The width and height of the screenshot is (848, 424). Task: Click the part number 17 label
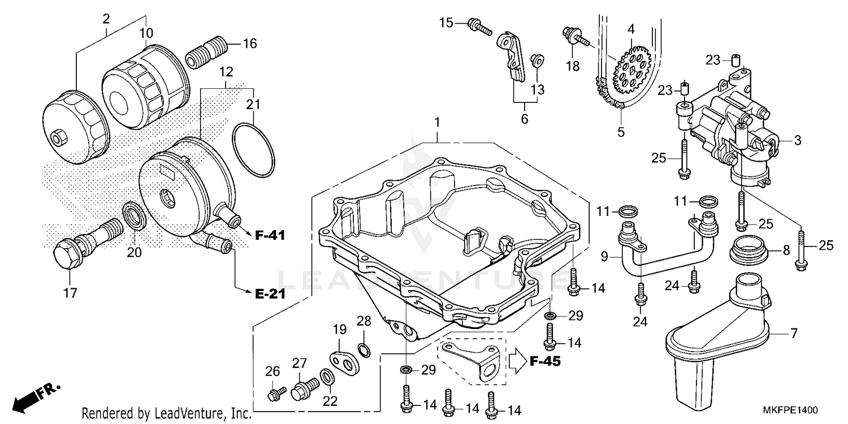coord(70,293)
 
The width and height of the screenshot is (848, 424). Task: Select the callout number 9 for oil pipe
coord(604,256)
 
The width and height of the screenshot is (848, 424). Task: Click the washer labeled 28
coord(365,351)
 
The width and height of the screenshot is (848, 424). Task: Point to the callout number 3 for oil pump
coord(797,140)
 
